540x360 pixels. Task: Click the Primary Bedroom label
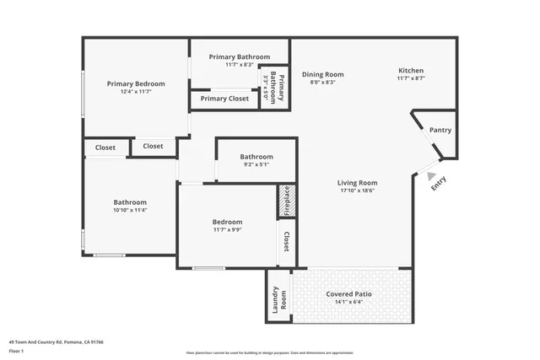click(x=135, y=83)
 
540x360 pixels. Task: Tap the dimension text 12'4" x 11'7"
click(x=135, y=92)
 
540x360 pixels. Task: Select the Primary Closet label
click(x=224, y=99)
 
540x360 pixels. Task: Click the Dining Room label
click(x=322, y=74)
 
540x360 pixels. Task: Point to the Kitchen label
click(x=410, y=70)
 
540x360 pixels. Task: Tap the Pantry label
click(x=440, y=130)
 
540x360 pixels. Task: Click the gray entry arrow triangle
click(x=432, y=177)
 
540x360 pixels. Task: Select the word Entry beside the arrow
click(x=439, y=184)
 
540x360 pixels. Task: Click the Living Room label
click(x=357, y=182)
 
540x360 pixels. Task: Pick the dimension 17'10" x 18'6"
click(x=357, y=191)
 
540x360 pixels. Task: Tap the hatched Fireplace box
click(x=286, y=201)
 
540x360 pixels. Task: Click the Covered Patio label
click(x=349, y=294)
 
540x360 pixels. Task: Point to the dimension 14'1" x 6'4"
click(x=349, y=303)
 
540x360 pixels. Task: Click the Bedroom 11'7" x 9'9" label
click(x=227, y=222)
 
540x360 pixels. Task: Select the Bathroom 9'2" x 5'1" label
click(x=256, y=157)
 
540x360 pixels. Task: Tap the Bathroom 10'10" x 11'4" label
click(x=130, y=202)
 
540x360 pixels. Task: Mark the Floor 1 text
click(x=17, y=351)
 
